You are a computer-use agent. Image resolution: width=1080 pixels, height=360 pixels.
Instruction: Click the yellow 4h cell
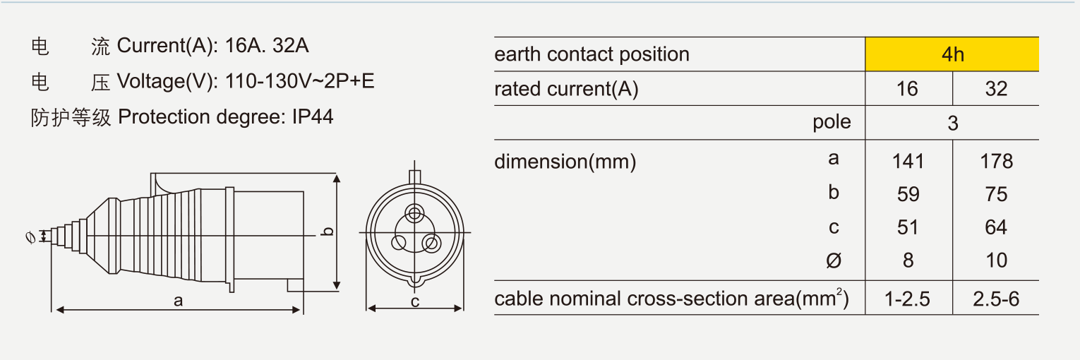[952, 54]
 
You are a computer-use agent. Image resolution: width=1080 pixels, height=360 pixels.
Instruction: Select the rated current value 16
[907, 89]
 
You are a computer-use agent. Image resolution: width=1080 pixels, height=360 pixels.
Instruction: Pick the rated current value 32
[996, 89]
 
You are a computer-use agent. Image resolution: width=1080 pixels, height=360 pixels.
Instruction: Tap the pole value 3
[953, 124]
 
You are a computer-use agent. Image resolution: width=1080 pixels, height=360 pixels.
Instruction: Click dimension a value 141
[908, 162]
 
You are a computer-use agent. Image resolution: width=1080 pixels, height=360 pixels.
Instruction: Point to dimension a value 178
[997, 162]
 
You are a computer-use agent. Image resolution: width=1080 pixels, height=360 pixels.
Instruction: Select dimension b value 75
[997, 194]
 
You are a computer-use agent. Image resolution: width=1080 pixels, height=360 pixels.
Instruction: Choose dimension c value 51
[908, 227]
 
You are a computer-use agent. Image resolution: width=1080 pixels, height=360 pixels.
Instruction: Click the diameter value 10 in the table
[997, 260]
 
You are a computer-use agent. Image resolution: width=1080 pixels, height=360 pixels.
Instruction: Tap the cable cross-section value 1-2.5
[907, 299]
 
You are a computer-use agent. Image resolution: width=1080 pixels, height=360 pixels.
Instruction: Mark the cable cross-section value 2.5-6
[996, 299]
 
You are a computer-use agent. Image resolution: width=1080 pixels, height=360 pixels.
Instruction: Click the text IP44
[313, 117]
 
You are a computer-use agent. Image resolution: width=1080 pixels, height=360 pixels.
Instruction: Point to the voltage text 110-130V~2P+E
[299, 81]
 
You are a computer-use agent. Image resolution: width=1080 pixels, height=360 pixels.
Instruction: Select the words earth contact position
[592, 54]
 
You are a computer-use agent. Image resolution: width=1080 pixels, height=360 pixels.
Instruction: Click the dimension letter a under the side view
[179, 301]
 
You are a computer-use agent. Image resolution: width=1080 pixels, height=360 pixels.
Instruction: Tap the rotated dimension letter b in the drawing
[328, 232]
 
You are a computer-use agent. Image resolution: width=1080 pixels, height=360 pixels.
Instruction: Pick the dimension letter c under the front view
[415, 302]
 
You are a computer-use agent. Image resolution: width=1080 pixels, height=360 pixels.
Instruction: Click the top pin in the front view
[414, 212]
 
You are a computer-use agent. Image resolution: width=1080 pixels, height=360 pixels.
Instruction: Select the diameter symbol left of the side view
[30, 237]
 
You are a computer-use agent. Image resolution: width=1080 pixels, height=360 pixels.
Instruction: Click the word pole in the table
[832, 122]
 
